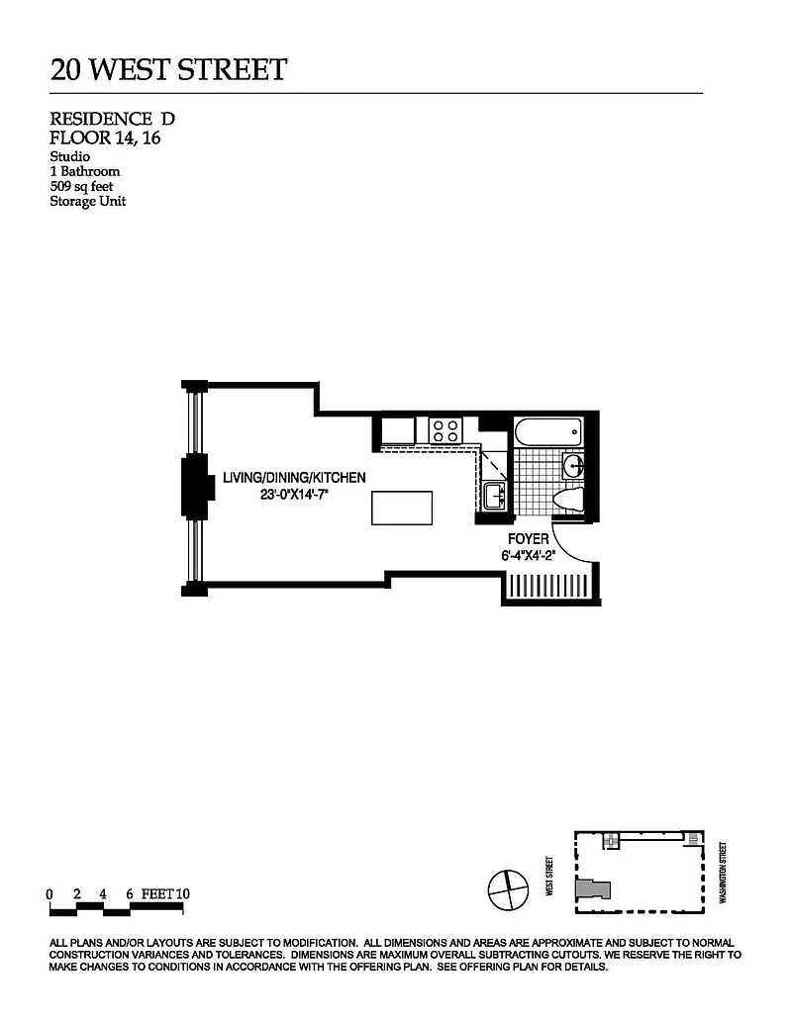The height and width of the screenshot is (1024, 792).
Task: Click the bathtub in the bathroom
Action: pyautogui.click(x=547, y=432)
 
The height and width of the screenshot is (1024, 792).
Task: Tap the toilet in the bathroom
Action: pyautogui.click(x=567, y=501)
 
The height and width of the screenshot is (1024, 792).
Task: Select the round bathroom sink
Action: pyautogui.click(x=573, y=466)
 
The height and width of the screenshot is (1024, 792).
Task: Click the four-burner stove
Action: pyautogui.click(x=445, y=431)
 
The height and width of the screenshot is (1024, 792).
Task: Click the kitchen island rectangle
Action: pyautogui.click(x=402, y=509)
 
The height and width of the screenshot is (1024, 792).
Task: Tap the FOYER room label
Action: pyautogui.click(x=528, y=539)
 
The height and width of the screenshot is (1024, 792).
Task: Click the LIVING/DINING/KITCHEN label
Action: pyautogui.click(x=294, y=478)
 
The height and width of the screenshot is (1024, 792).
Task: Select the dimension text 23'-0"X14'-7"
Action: pyautogui.click(x=293, y=495)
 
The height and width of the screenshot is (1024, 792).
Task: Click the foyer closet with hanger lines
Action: pyautogui.click(x=548, y=586)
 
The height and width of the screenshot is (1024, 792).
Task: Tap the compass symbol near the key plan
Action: pyautogui.click(x=509, y=889)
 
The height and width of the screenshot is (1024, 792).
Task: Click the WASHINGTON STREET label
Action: pyautogui.click(x=723, y=873)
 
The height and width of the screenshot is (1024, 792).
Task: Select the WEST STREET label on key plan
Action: pyautogui.click(x=549, y=876)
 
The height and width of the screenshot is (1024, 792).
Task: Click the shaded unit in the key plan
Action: pyautogui.click(x=593, y=889)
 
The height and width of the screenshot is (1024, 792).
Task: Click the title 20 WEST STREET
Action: pyautogui.click(x=168, y=70)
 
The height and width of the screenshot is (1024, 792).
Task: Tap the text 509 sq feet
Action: pyautogui.click(x=82, y=187)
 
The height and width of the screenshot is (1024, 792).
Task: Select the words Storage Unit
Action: pyautogui.click(x=87, y=201)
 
